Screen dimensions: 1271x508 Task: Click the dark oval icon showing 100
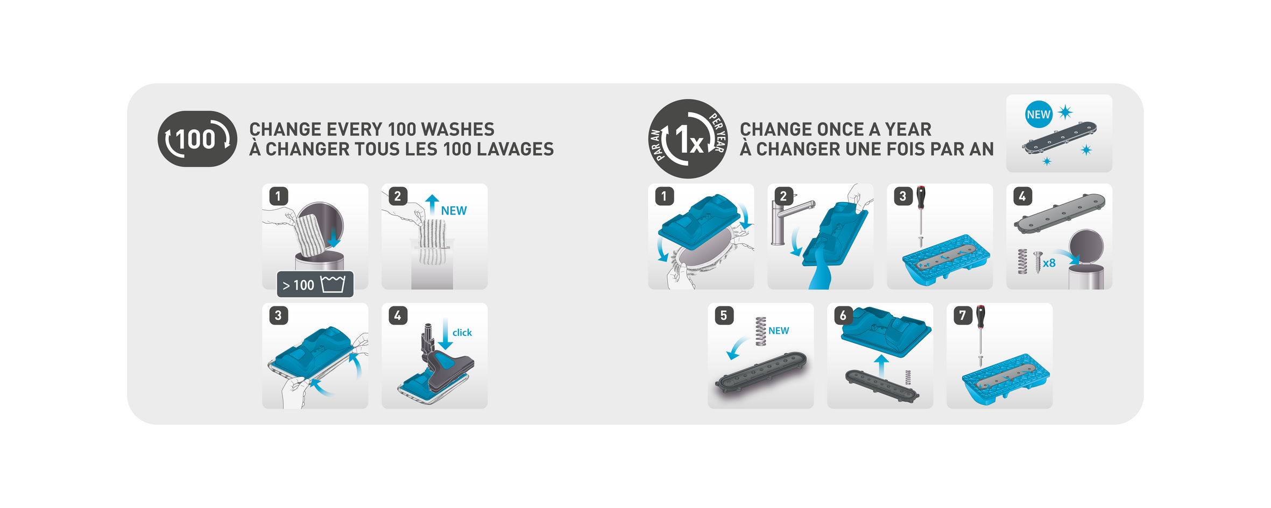coord(197,139)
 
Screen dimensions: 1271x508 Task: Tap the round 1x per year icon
coord(688,139)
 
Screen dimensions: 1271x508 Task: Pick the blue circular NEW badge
coord(1039,115)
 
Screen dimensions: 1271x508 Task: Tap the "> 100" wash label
coord(315,284)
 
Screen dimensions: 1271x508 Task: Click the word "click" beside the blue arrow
coord(462,333)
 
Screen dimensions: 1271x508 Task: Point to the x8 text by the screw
coord(1049,263)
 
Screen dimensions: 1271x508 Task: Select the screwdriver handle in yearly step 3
coord(921,197)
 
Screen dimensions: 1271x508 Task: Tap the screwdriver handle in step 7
coord(980,316)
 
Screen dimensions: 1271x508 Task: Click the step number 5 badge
coord(724,315)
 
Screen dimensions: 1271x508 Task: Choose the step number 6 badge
coord(843,315)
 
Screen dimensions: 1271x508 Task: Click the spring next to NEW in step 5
coord(760,331)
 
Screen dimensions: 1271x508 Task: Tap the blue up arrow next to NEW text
coord(432,205)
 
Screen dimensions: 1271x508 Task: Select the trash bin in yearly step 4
coord(1086,260)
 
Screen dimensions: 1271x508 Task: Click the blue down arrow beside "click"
coord(446,334)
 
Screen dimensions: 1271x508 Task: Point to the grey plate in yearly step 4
coord(1060,213)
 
